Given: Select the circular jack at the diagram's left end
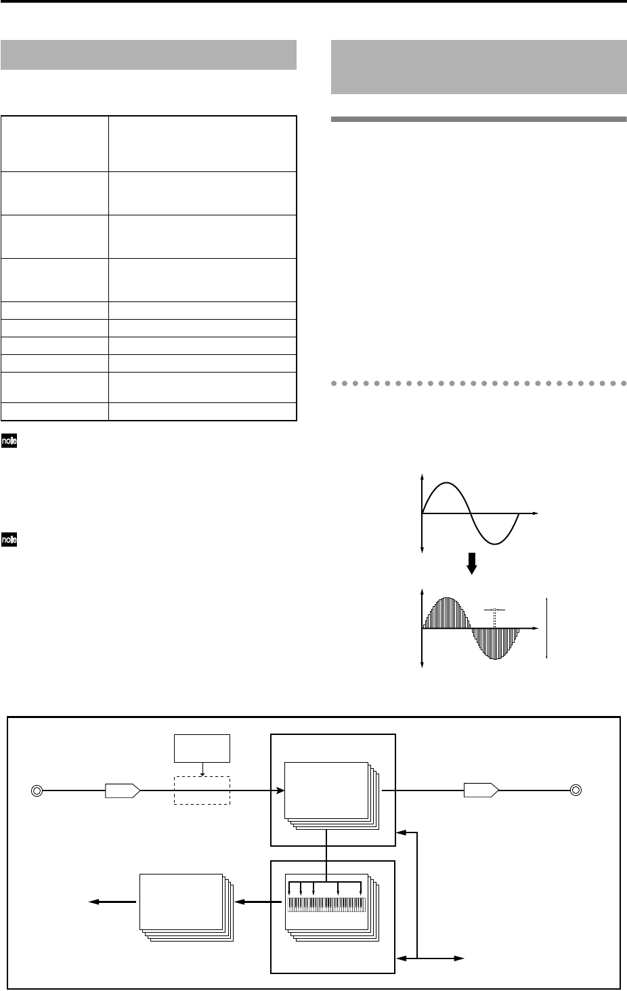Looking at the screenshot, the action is (38, 790).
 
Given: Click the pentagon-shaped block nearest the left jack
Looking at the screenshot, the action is (123, 790).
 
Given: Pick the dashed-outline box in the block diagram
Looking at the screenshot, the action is (202, 790).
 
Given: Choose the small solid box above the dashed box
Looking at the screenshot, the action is (202, 748).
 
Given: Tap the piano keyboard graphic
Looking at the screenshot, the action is (326, 904).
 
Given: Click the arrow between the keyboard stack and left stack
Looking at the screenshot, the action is (258, 902).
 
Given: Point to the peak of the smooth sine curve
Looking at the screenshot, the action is (445, 483).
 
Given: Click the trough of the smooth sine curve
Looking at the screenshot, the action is (494, 544).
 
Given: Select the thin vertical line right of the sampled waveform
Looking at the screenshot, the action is (546, 629).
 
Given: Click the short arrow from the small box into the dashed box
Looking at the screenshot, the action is (202, 770).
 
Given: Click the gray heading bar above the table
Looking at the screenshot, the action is (149, 55).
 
